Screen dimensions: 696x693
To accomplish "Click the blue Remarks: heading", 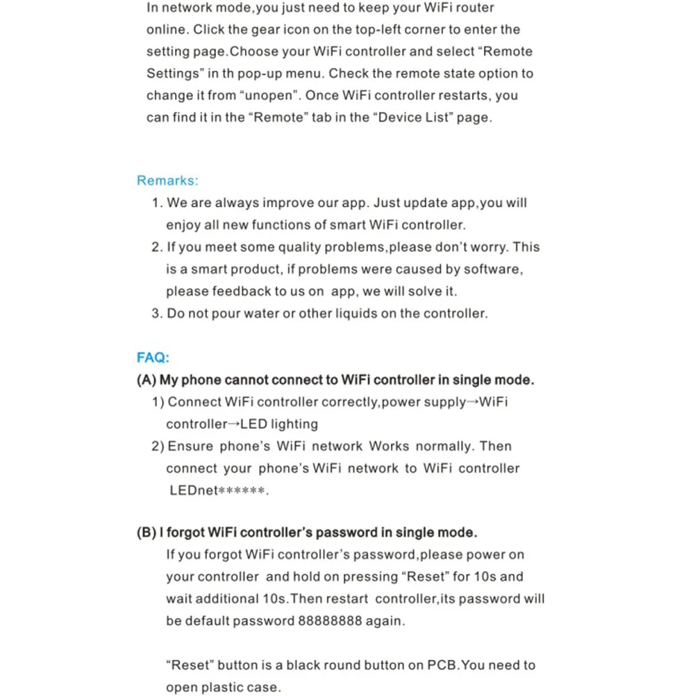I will (x=167, y=181).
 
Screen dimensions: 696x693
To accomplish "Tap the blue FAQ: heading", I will (x=153, y=358).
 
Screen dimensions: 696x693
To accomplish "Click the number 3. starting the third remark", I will (x=157, y=313).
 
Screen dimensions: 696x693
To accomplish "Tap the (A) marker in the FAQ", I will (x=147, y=380).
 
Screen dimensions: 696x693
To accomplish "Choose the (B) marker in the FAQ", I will (x=146, y=533).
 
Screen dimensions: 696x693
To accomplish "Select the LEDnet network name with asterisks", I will (x=218, y=490).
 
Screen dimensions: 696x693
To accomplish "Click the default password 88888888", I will (x=330, y=620).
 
